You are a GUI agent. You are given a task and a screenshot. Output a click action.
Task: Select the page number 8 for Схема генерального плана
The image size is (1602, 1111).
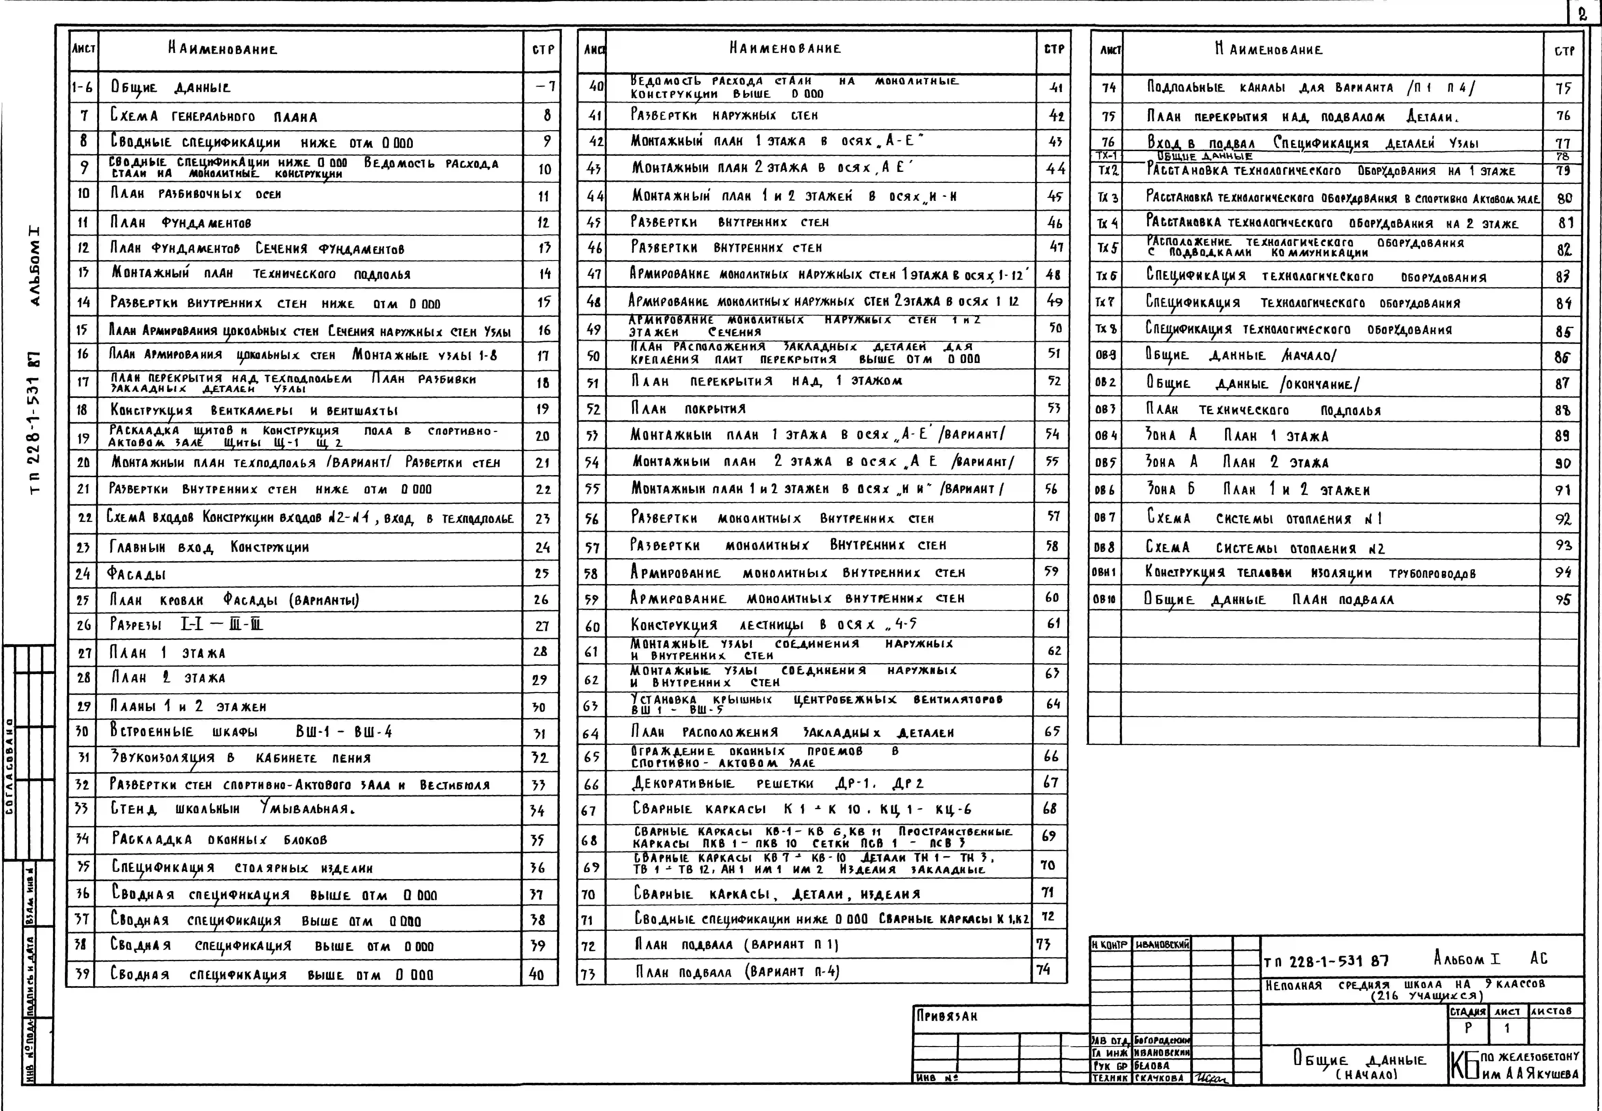(547, 116)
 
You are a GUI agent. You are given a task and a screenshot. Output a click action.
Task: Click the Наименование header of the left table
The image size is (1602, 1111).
(222, 49)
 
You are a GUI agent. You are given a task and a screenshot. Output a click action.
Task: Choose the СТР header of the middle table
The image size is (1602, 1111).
(1054, 49)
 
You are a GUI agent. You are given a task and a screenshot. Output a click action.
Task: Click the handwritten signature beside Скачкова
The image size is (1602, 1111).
(1211, 1078)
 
